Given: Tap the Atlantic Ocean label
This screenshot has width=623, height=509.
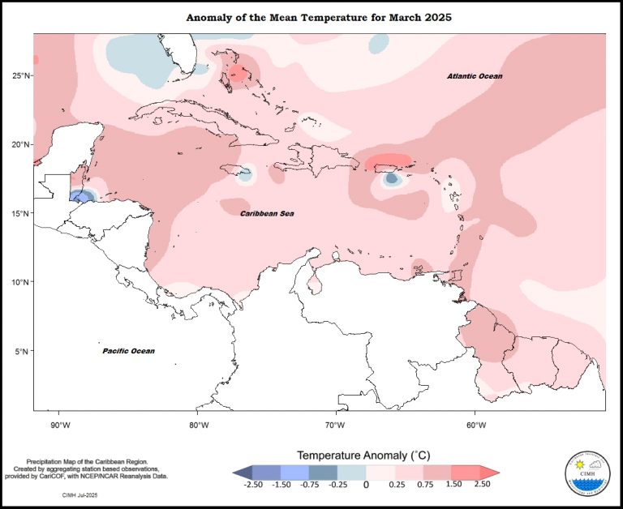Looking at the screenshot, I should (x=475, y=76).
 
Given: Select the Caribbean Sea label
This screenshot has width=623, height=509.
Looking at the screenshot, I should (x=267, y=213).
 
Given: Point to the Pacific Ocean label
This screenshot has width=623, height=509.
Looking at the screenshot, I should (x=128, y=351).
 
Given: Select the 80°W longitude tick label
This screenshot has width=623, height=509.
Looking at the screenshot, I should (x=199, y=425).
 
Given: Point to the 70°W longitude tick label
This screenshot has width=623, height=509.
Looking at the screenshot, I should (x=337, y=425).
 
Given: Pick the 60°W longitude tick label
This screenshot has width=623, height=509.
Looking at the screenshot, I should (x=475, y=425).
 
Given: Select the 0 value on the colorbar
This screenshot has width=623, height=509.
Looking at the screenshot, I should (x=366, y=485).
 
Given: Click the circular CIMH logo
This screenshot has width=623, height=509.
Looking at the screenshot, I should (x=590, y=473).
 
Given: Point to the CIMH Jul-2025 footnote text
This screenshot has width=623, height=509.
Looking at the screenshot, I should (x=80, y=494).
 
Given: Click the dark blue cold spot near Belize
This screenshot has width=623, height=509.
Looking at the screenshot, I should (x=80, y=196).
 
